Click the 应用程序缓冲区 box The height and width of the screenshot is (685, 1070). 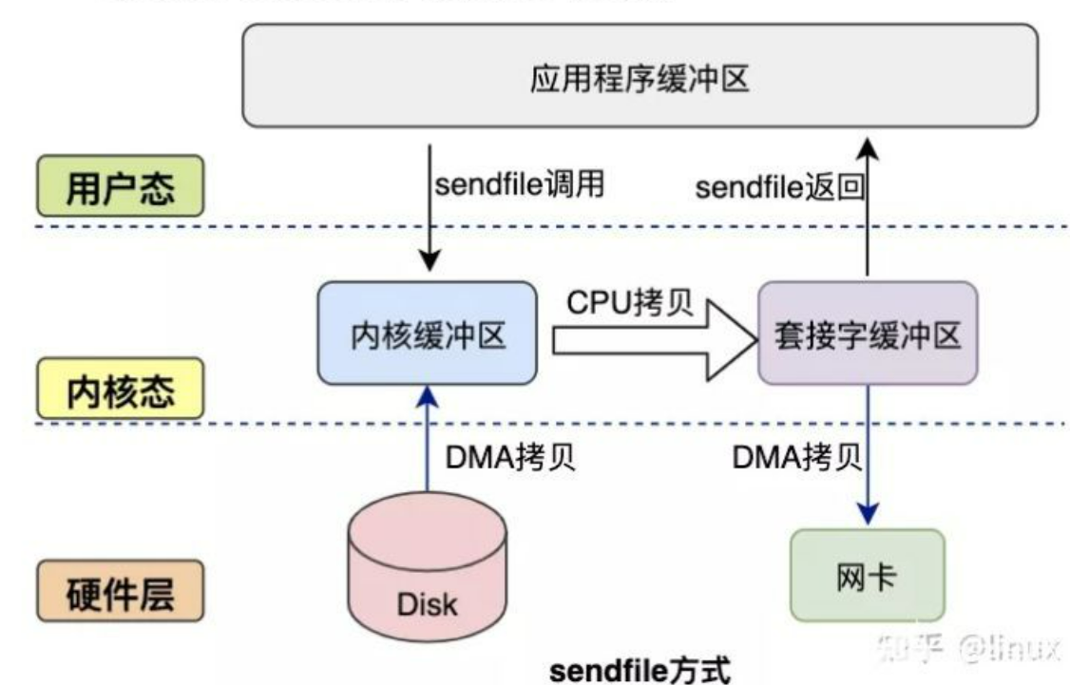click(638, 76)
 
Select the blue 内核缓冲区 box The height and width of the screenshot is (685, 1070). click(427, 333)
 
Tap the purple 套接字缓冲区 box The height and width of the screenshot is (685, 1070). click(867, 333)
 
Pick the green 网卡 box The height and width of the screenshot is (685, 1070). click(868, 576)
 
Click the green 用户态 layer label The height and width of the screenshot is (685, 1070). click(120, 186)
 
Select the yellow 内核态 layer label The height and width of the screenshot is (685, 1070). click(120, 388)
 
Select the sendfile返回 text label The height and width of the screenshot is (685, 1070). click(779, 187)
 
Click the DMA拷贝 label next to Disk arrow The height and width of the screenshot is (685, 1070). click(510, 459)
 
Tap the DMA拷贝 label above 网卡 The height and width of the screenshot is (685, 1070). click(796, 459)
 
